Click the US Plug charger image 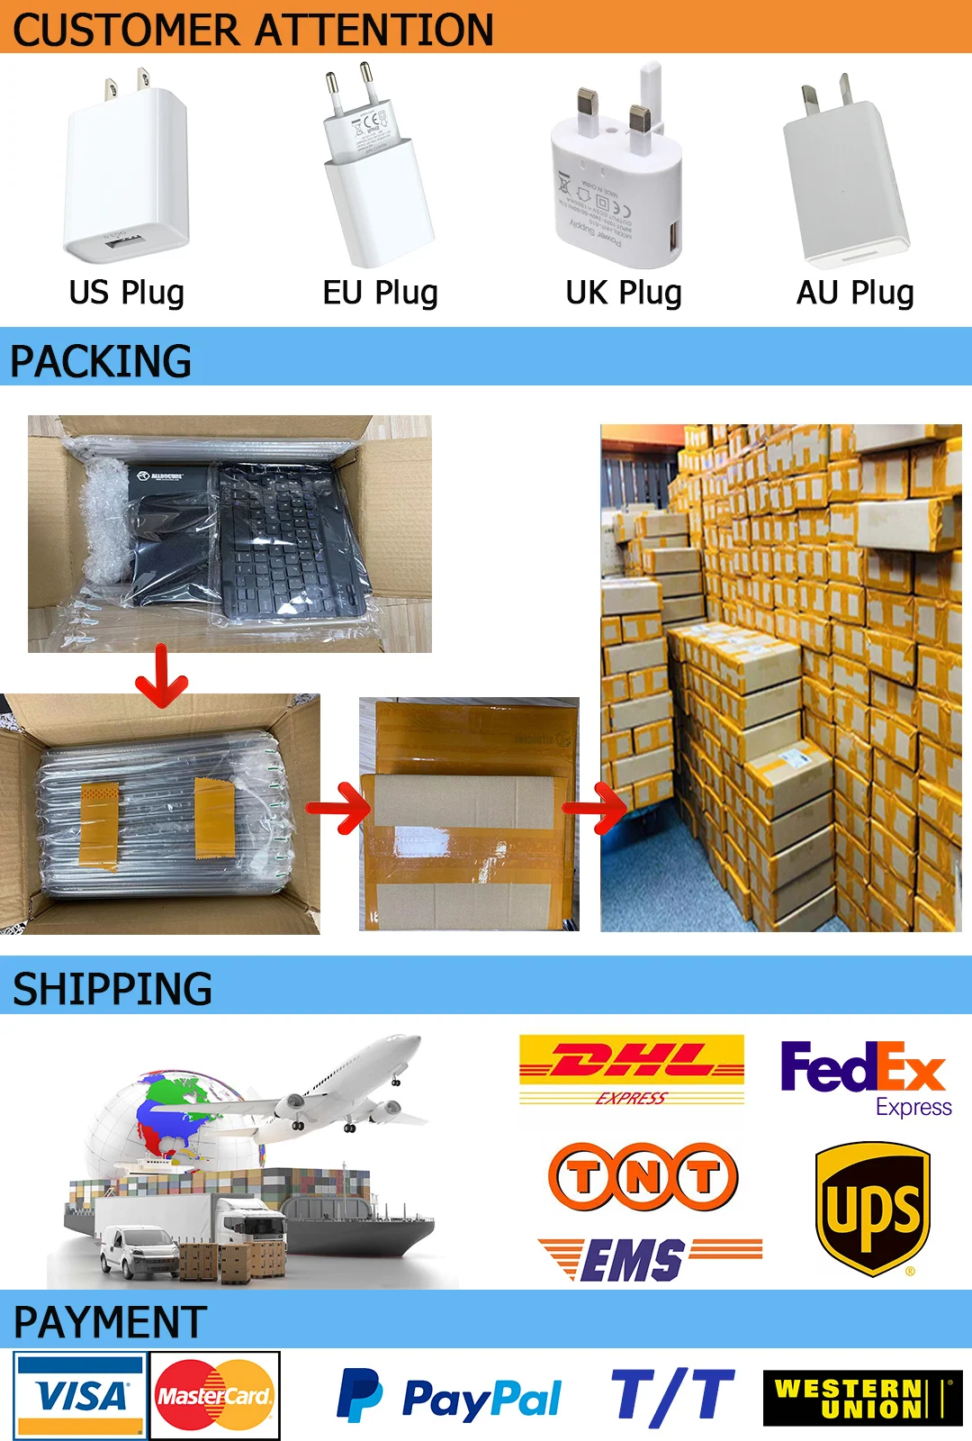point(126,167)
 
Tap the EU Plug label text point(380,293)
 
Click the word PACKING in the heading point(101,361)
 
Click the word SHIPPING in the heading point(112,989)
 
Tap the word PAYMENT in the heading point(110,1322)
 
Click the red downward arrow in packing point(161,677)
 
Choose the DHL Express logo point(632,1070)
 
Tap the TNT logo point(643,1176)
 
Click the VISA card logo point(80,1395)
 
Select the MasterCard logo point(214,1395)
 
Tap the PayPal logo point(448,1397)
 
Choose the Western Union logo point(861,1399)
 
